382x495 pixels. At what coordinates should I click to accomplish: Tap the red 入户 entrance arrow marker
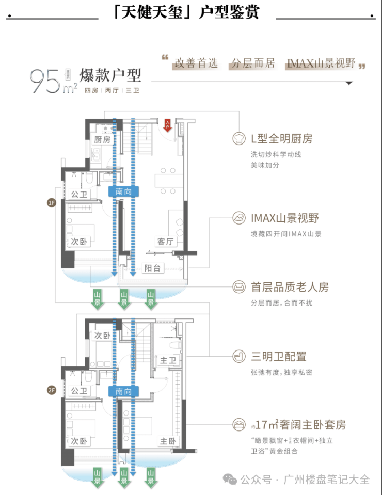pyautogui.click(x=168, y=124)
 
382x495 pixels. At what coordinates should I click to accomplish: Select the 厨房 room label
pyautogui.click(x=102, y=140)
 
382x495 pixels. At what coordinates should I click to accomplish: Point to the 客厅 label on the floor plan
pyautogui.click(x=164, y=241)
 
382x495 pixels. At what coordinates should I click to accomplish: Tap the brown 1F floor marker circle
pyautogui.click(x=51, y=203)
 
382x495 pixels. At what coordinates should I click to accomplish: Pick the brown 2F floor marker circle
pyautogui.click(x=51, y=390)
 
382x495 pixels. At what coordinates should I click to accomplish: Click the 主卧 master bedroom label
pyautogui.click(x=168, y=441)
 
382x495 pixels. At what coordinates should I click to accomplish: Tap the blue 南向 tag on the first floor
pyautogui.click(x=123, y=191)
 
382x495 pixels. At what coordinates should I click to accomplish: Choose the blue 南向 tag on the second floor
pyautogui.click(x=123, y=392)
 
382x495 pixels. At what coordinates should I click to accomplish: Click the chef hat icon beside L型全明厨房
pyautogui.click(x=239, y=138)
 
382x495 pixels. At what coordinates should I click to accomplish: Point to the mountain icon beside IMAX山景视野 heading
pyautogui.click(x=239, y=217)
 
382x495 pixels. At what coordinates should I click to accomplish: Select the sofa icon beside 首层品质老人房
pyautogui.click(x=239, y=286)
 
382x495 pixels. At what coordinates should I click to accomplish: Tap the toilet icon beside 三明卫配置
pyautogui.click(x=239, y=356)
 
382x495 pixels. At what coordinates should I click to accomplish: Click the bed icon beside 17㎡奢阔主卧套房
pyautogui.click(x=239, y=425)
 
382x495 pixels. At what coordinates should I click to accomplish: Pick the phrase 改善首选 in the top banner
pyautogui.click(x=196, y=64)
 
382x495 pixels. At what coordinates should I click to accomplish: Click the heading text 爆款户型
pyautogui.click(x=110, y=75)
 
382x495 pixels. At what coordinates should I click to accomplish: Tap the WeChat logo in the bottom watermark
pyautogui.click(x=231, y=480)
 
